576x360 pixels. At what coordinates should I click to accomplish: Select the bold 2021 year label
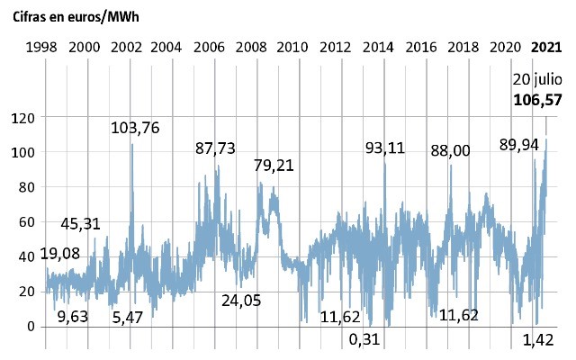pyautogui.click(x=547, y=47)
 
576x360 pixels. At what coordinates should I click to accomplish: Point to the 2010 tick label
pyautogui.click(x=294, y=47)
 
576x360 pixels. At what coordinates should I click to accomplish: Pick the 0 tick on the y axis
pyautogui.click(x=29, y=326)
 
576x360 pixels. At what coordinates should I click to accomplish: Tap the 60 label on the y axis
pyautogui.click(x=25, y=221)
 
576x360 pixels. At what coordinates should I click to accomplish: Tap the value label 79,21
pyautogui.click(x=274, y=166)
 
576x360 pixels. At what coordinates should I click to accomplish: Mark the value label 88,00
pyautogui.click(x=450, y=150)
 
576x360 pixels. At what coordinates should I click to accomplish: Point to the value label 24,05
pyautogui.click(x=241, y=300)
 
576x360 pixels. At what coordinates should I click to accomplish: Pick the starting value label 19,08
pyautogui.click(x=60, y=254)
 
